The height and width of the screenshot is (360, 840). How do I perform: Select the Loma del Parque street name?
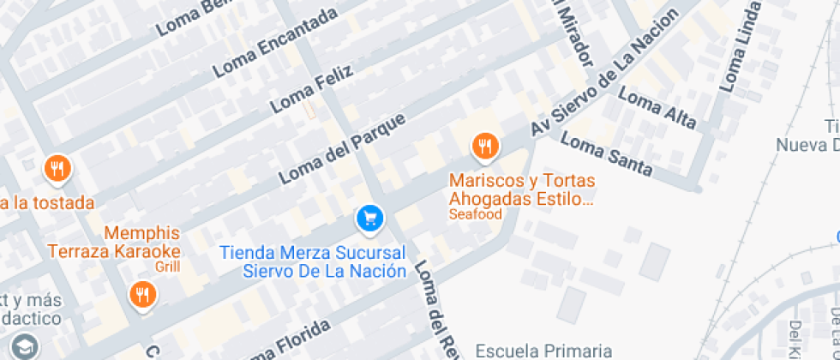coord(340,148)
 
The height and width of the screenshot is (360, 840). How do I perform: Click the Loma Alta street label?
coord(657,110)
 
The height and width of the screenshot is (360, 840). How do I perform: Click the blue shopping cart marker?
coord(369,219)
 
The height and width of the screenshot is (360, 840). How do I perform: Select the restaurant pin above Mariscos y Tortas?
coord(485,147)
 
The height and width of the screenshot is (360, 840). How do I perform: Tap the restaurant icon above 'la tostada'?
coord(57,168)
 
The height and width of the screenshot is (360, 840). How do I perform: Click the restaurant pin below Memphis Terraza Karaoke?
coord(142,296)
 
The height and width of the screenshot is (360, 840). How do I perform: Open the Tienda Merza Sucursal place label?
coord(313,261)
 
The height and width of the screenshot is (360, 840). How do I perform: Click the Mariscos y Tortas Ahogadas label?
coord(522,190)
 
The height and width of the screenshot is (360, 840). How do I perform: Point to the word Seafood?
coord(475,214)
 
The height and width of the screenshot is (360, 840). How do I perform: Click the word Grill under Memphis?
coord(168,267)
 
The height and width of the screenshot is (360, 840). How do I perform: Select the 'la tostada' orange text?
coord(47,203)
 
